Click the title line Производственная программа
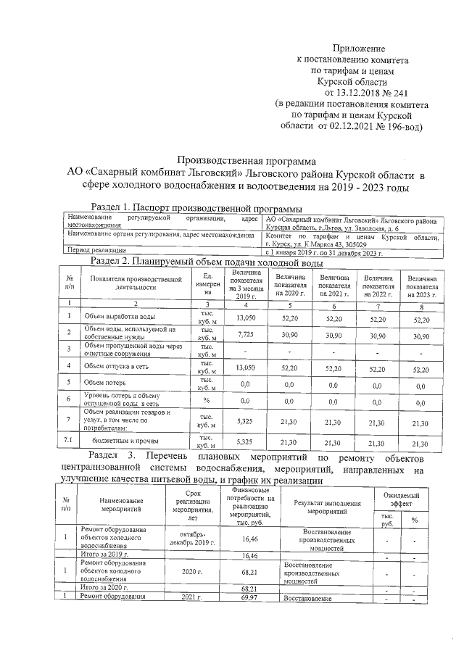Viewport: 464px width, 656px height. (x=247, y=161)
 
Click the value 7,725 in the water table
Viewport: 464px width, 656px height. (x=248, y=333)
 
